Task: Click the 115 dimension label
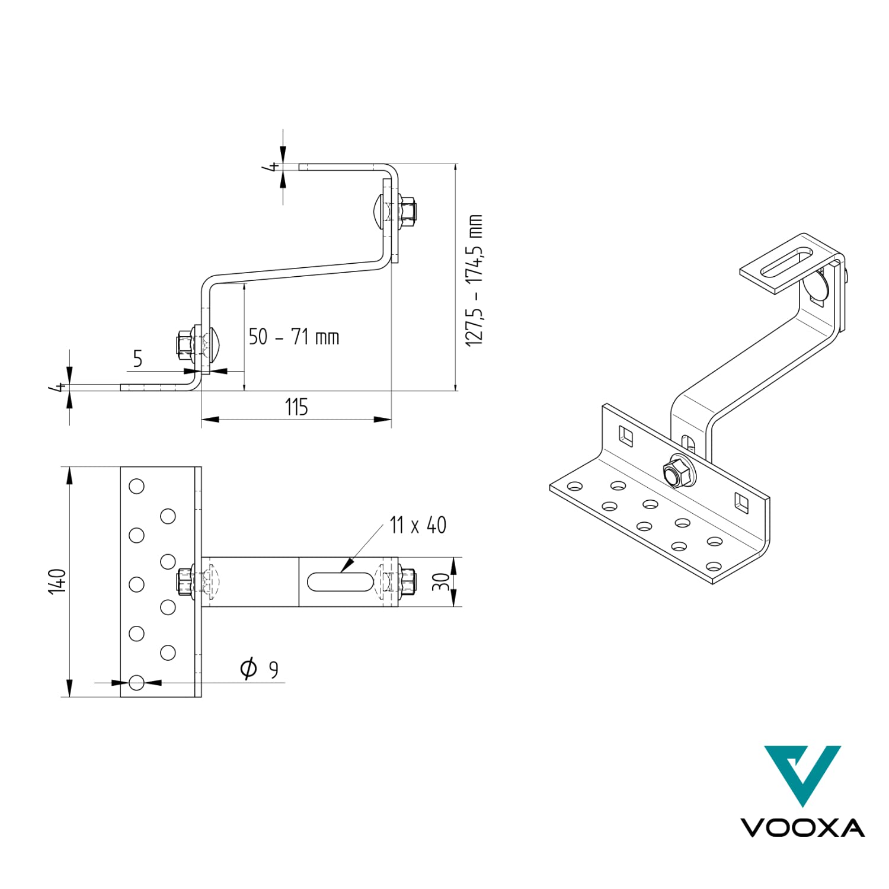click(x=296, y=407)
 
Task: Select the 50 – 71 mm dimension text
click(x=294, y=337)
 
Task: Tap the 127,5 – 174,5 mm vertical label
click(x=474, y=280)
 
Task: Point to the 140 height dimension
click(x=57, y=581)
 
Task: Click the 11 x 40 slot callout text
click(x=418, y=525)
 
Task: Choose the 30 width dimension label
click(x=441, y=583)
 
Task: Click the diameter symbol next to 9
click(x=248, y=668)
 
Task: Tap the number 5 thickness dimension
click(x=137, y=359)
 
